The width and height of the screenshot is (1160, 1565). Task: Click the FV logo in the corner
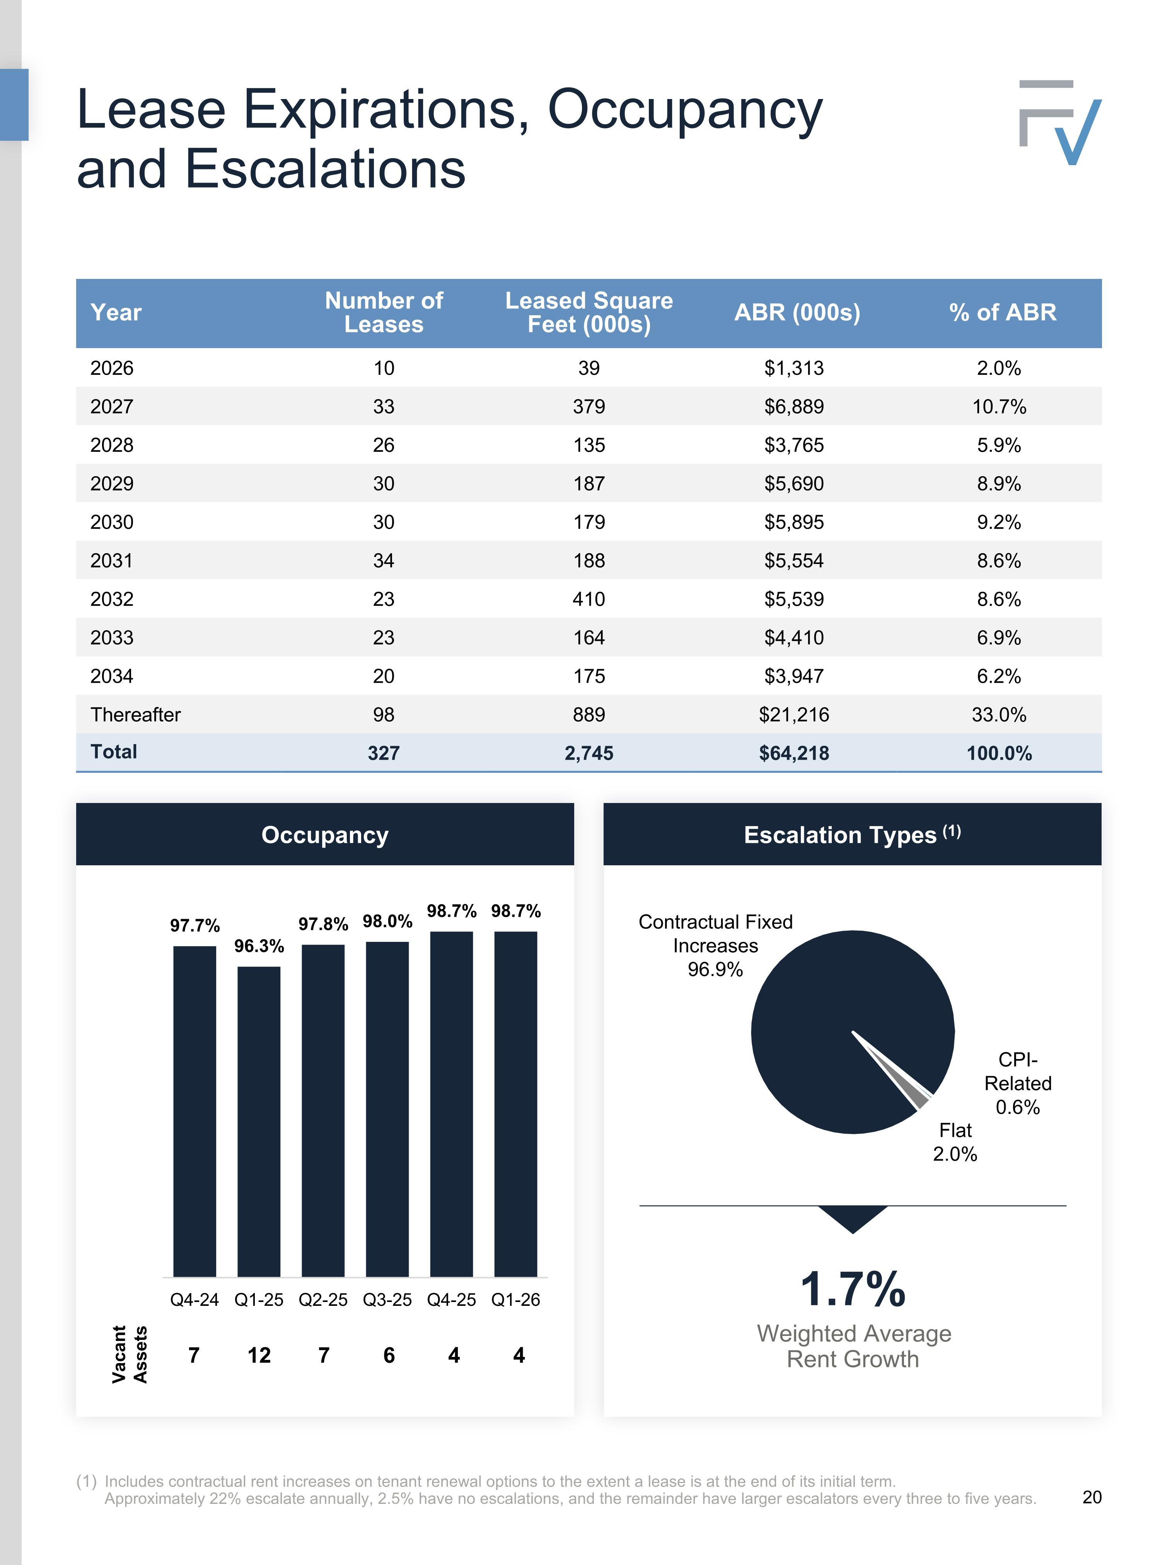point(1059,123)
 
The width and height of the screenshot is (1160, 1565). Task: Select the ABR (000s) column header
point(797,313)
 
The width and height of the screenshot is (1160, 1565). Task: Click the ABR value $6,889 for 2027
point(794,407)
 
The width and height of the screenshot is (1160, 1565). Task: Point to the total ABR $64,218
point(794,753)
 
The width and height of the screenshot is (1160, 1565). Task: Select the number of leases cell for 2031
point(384,560)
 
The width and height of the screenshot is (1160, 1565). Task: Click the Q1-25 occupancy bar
point(259,1122)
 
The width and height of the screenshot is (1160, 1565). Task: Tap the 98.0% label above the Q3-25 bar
point(387,921)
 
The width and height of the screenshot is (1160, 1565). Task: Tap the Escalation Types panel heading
point(853,834)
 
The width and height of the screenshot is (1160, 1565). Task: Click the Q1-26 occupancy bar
point(516,1104)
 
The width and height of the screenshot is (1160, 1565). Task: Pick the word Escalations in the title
point(326,169)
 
